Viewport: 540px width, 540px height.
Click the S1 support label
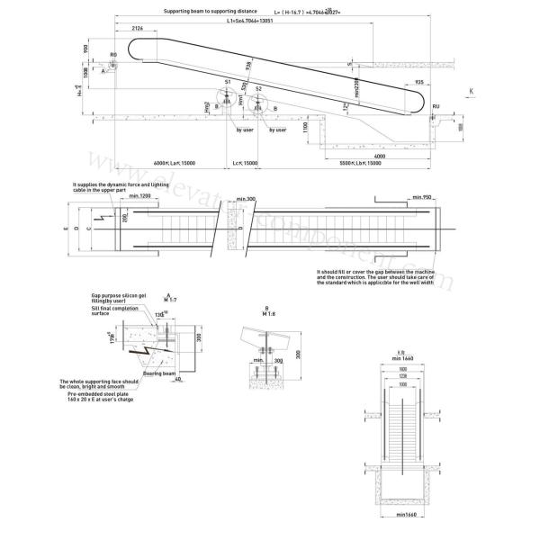228,82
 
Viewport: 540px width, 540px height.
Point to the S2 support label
258,89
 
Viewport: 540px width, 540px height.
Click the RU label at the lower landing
436,107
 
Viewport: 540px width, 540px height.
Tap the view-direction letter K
471,91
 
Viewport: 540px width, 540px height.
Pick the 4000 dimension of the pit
381,157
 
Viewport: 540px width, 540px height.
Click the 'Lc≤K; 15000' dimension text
245,163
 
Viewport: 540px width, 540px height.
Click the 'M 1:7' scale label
171,301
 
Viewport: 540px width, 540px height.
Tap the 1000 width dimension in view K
404,385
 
